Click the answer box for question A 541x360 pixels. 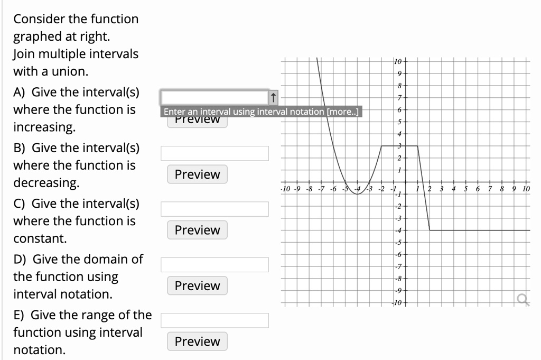[214, 97]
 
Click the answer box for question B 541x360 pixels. [214, 153]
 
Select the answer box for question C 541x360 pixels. [214, 209]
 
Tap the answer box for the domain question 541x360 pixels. [214, 264]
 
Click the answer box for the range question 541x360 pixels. [214, 320]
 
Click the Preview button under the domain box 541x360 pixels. [197, 285]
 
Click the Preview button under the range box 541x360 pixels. [197, 341]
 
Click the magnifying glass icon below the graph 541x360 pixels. [523, 301]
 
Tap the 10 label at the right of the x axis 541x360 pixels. [525, 189]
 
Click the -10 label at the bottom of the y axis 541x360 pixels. [397, 303]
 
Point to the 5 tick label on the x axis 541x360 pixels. [465, 189]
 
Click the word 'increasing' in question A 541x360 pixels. [44, 127]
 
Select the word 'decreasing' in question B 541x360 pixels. [46, 183]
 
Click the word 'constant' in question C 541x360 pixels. [40, 238]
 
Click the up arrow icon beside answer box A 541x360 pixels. [273, 97]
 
